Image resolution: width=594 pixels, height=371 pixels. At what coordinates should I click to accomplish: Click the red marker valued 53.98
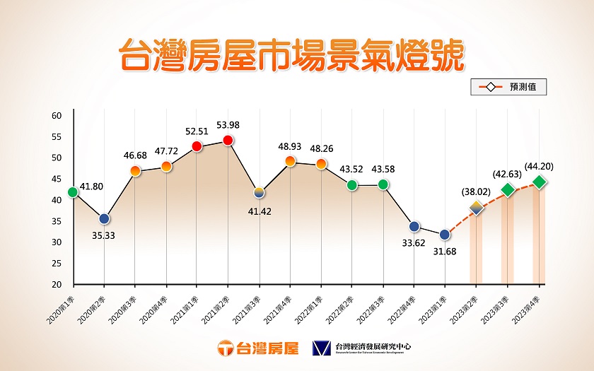[x=228, y=141]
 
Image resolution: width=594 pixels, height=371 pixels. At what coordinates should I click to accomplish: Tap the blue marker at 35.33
[x=104, y=219]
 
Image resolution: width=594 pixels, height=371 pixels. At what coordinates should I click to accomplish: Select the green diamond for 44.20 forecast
[x=540, y=182]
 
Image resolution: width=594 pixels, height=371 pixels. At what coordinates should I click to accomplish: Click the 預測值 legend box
[x=508, y=88]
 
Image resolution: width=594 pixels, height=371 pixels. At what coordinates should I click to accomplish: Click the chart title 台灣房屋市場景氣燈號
[x=291, y=56]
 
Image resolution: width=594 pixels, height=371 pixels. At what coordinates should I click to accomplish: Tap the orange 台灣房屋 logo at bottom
[x=258, y=348]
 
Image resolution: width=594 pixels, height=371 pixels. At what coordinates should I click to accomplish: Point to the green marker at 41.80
[x=73, y=192]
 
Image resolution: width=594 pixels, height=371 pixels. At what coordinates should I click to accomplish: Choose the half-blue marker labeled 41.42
[x=259, y=192]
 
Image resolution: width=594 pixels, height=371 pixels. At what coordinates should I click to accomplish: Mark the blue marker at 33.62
[x=414, y=226]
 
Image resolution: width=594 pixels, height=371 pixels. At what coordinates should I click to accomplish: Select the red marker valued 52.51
[x=197, y=146]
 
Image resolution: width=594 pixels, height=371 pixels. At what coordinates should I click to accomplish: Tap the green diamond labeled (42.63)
[x=508, y=189]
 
